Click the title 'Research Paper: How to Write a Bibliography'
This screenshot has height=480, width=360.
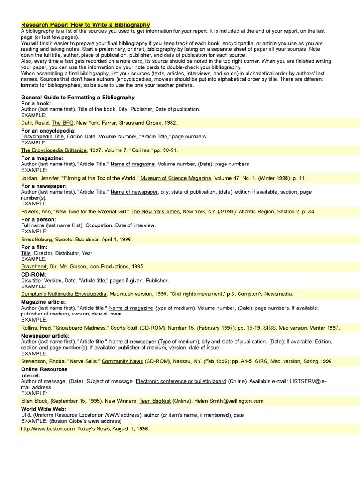[x=85, y=24]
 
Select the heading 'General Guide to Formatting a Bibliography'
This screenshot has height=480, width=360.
[x=78, y=97]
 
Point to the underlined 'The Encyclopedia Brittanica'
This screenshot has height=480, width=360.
[x=54, y=150]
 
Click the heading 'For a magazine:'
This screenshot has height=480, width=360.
[x=42, y=158]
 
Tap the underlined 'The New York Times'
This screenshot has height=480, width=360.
[x=155, y=212]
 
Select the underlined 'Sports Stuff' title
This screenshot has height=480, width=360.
[x=124, y=328]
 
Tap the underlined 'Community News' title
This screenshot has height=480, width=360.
[x=122, y=362]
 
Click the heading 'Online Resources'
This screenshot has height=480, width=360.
[x=44, y=369]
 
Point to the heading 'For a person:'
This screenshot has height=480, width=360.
[x=38, y=219]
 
